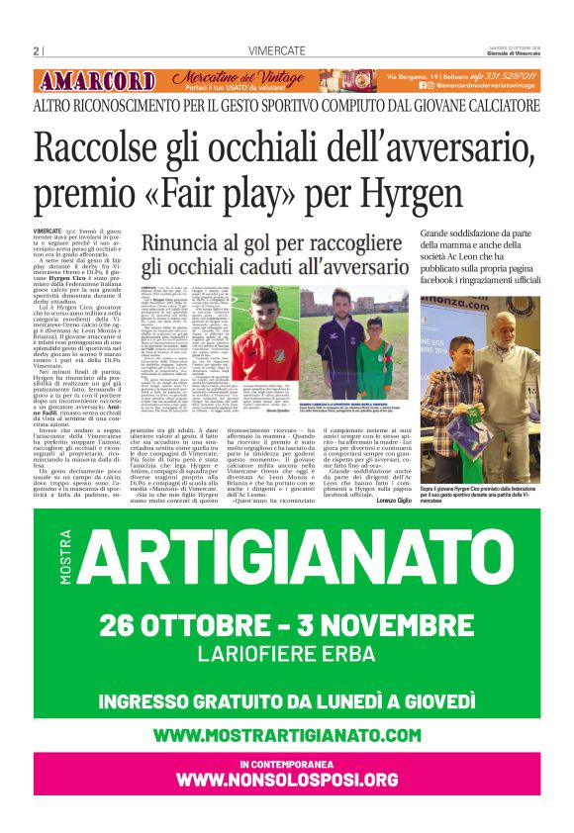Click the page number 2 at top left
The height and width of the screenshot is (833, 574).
point(36,51)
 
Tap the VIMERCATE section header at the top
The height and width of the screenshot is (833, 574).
point(277,51)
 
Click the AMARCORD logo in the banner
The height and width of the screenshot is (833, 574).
point(96,81)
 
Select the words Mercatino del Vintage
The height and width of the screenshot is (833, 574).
point(238,77)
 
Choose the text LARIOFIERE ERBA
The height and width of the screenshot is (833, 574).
point(287,655)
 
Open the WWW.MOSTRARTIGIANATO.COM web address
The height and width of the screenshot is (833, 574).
point(287,734)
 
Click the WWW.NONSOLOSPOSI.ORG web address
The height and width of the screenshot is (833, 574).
point(287,781)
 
